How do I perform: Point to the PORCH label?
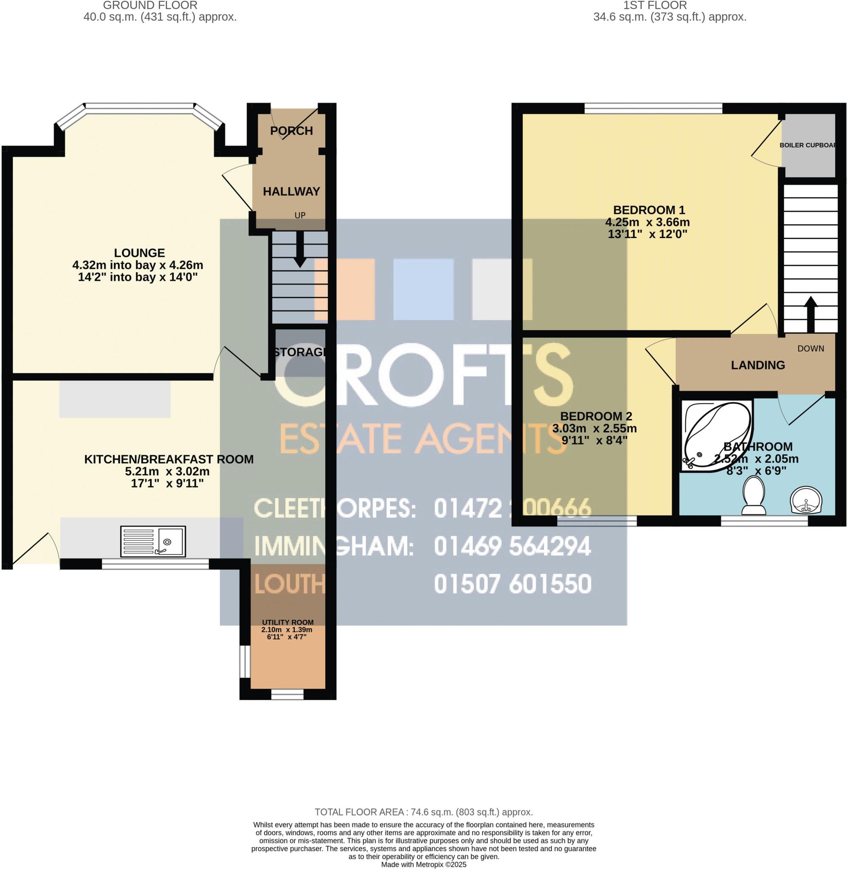click(291, 131)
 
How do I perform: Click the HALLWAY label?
click(291, 192)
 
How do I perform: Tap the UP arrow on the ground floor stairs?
click(300, 250)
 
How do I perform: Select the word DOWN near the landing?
click(810, 348)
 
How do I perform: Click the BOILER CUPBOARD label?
click(808, 146)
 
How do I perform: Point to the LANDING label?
click(757, 365)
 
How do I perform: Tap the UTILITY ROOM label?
click(287, 622)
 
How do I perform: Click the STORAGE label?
click(300, 352)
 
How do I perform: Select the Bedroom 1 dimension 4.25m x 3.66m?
click(647, 222)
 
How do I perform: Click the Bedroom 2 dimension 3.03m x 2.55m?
click(594, 429)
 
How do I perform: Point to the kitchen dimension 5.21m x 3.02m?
click(167, 471)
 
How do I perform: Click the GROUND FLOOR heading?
click(150, 6)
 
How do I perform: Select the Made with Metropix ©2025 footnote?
click(424, 865)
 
